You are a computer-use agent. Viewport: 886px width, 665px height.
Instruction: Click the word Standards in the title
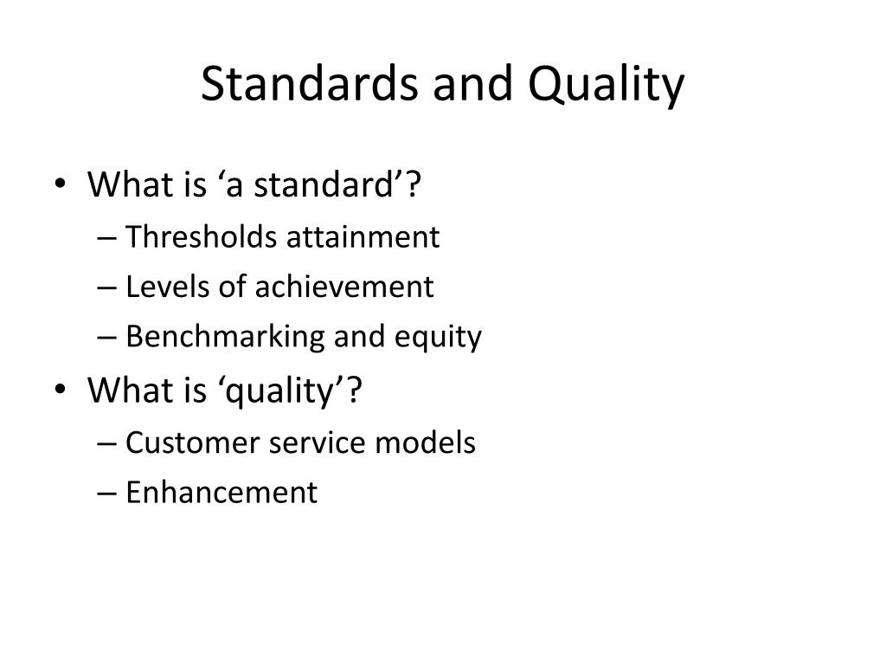tap(309, 83)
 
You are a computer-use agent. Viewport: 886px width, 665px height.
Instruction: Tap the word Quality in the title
tap(606, 85)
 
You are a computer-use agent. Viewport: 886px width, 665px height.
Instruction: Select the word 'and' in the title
tap(472, 83)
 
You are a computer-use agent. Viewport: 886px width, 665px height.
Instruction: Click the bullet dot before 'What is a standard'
tap(60, 184)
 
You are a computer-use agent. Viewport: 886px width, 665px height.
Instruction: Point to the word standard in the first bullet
tap(324, 184)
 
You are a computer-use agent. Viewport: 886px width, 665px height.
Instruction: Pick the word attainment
tap(363, 237)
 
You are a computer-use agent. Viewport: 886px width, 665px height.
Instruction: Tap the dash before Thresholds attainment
tap(106, 238)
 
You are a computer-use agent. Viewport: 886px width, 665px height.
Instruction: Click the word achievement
tap(344, 286)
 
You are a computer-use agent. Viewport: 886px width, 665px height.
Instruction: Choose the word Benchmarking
tap(225, 337)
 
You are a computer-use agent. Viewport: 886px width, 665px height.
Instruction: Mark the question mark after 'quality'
tap(354, 390)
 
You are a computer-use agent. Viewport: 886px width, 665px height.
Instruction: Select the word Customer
tap(192, 442)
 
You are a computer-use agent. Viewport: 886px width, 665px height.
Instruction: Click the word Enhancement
tap(221, 492)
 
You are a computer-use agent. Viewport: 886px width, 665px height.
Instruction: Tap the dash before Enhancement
tap(106, 494)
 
